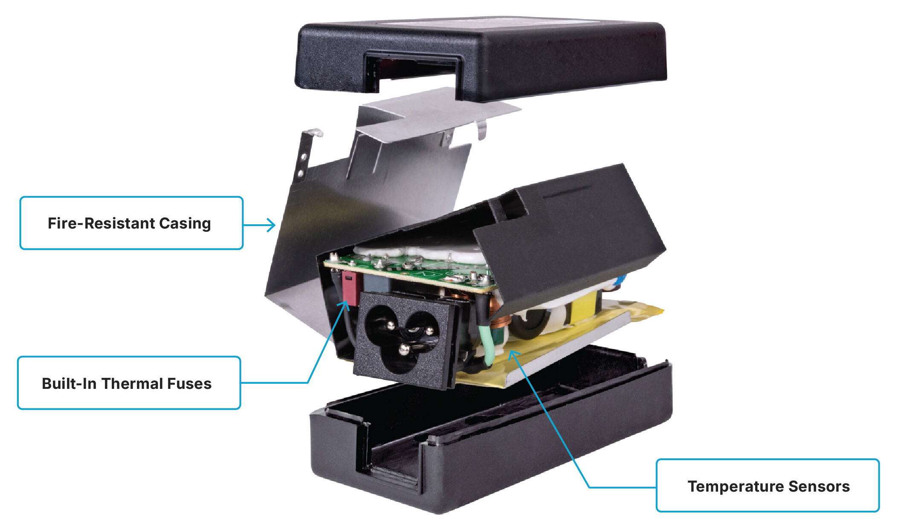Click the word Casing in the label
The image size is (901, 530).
185,223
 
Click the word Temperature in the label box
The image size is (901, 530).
736,487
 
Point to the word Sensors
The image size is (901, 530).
819,487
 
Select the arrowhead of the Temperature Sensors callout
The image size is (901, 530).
513,353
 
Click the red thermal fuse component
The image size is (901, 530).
350,287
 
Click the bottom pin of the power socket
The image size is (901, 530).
403,350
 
